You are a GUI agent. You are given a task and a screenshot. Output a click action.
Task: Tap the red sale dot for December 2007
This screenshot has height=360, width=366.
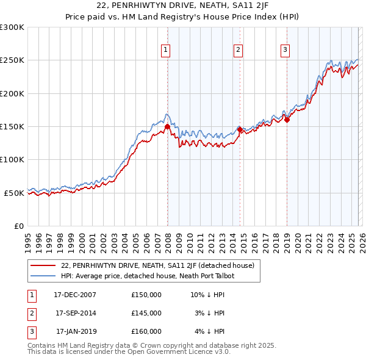click(167, 127)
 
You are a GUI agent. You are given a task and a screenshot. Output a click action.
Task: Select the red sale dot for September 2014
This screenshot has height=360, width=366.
click(240, 130)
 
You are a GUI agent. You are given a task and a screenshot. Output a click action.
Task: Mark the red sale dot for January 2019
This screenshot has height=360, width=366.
click(287, 120)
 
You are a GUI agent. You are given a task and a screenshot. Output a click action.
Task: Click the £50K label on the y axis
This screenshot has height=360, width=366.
click(13, 193)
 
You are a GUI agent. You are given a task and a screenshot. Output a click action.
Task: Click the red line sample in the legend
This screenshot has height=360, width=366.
click(43, 265)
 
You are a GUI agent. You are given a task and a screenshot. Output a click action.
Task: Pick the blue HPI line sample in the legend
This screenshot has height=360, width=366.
click(43, 276)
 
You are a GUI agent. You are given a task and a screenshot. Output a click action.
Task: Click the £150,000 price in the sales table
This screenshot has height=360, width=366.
click(146, 295)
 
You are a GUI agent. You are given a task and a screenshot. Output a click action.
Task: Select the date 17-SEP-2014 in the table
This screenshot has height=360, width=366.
click(76, 313)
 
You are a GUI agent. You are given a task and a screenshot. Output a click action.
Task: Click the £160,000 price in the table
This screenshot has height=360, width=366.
click(146, 331)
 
